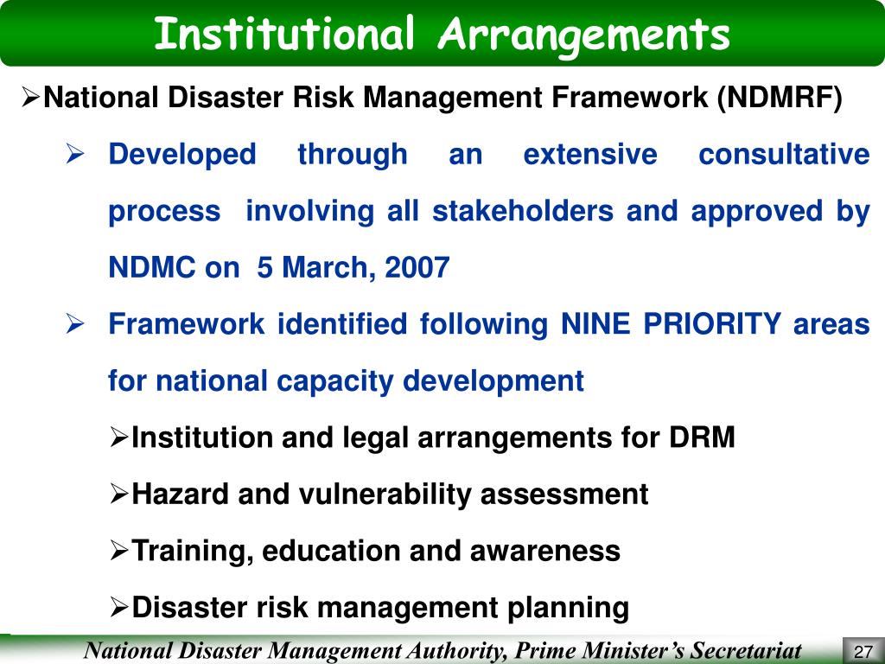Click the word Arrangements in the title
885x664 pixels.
(584, 34)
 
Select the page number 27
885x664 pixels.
(861, 651)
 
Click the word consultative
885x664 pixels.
(783, 155)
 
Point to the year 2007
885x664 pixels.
(417, 268)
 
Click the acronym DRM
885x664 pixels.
(702, 438)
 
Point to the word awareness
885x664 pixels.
(548, 551)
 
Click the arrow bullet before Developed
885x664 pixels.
(74, 156)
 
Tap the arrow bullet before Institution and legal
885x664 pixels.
(119, 438)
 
